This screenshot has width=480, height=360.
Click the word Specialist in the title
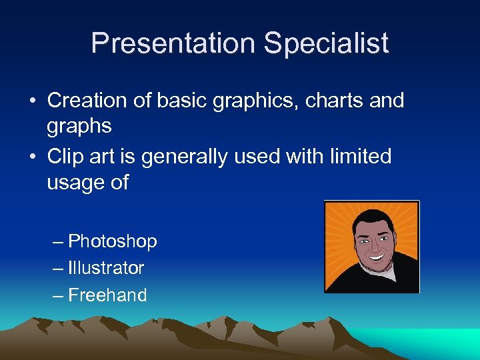pyautogui.click(x=326, y=44)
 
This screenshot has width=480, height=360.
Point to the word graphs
pyautogui.click(x=79, y=126)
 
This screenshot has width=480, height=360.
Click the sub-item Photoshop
pyautogui.click(x=113, y=241)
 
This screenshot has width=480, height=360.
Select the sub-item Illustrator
pyautogui.click(x=106, y=268)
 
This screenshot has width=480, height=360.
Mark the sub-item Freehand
pyautogui.click(x=107, y=295)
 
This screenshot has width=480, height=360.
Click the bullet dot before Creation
pyautogui.click(x=33, y=101)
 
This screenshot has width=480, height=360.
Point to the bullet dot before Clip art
pyautogui.click(x=33, y=157)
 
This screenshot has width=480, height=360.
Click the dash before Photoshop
pyautogui.click(x=58, y=241)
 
